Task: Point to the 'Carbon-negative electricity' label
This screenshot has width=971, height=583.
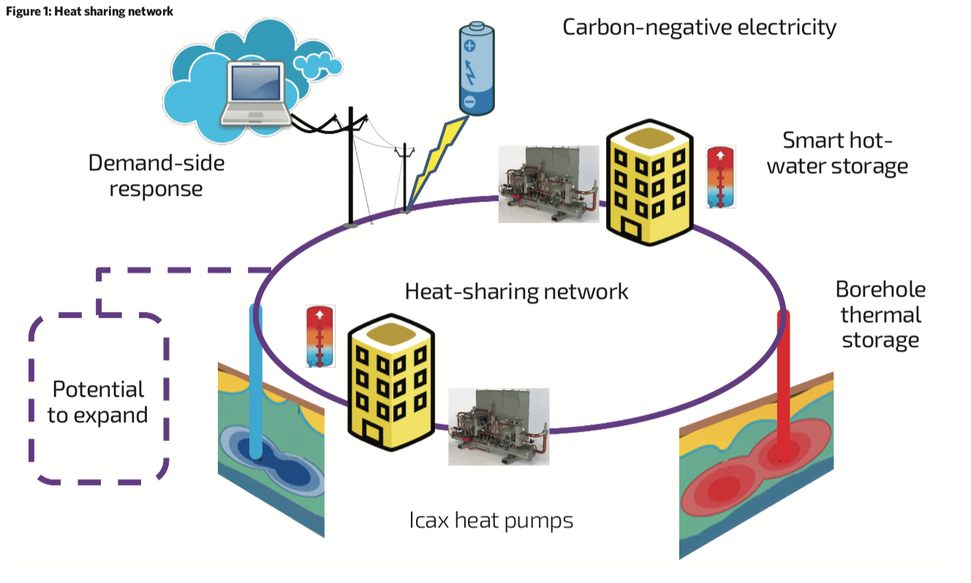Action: (x=699, y=28)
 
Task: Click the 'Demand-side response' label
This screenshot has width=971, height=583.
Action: (x=156, y=175)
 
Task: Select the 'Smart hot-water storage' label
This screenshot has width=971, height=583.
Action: (x=845, y=153)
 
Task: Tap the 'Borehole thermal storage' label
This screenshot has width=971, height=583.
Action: (x=880, y=314)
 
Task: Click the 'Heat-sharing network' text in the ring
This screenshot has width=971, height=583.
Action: (x=516, y=291)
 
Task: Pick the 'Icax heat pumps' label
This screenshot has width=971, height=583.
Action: (x=491, y=521)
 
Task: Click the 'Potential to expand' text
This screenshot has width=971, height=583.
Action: (x=97, y=402)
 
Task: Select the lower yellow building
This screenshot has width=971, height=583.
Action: (x=390, y=384)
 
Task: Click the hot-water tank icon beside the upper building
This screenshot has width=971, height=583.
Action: (x=720, y=177)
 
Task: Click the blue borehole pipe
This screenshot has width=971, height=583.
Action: (x=255, y=380)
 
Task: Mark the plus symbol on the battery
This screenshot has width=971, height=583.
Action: (x=469, y=45)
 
